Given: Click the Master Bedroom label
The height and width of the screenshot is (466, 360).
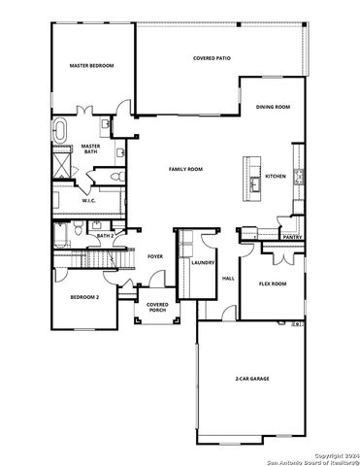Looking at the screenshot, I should click(91, 66).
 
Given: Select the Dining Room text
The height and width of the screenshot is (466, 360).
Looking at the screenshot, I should click(273, 108).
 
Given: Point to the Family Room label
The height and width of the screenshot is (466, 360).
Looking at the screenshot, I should click(185, 169).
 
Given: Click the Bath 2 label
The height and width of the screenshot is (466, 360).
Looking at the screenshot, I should click(106, 235).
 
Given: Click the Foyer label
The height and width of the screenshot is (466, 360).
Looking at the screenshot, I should click(155, 256).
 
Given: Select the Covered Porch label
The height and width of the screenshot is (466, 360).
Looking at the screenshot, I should click(157, 309).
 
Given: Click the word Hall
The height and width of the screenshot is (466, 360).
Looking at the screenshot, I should click(229, 279).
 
